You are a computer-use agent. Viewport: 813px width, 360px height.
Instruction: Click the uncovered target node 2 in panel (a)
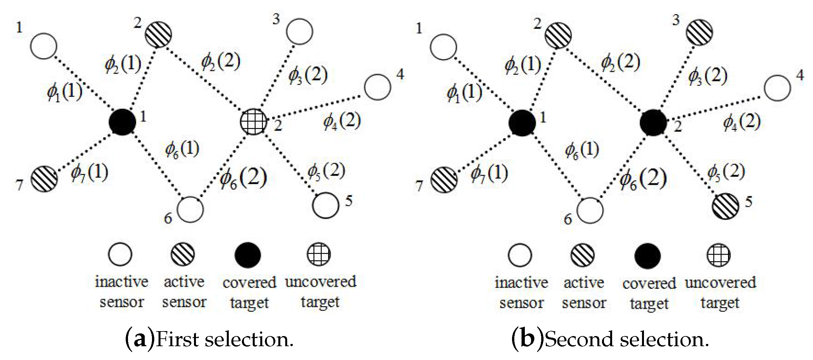pyautogui.click(x=253, y=121)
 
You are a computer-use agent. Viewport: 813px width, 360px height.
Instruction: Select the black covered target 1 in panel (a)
pyautogui.click(x=122, y=122)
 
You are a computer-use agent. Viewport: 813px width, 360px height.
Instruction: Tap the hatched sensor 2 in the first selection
pyautogui.click(x=158, y=34)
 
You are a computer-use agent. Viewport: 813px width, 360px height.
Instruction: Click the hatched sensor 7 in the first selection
pyautogui.click(x=44, y=179)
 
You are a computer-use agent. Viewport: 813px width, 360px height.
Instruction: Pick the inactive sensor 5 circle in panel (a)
pyautogui.click(x=325, y=205)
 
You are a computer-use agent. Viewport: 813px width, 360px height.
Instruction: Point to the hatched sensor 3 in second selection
pyautogui.click(x=699, y=32)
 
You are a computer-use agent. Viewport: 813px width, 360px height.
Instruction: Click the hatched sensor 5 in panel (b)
pyautogui.click(x=725, y=206)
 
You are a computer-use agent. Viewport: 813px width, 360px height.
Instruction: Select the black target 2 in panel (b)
pyautogui.click(x=653, y=122)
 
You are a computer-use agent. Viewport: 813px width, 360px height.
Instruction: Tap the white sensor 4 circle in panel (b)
pyautogui.click(x=777, y=88)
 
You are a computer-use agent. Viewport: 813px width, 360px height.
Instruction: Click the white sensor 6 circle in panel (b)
pyautogui.click(x=590, y=210)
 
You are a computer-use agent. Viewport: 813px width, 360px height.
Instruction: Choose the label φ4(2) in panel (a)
pyautogui.click(x=342, y=122)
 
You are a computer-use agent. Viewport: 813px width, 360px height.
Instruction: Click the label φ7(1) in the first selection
pyautogui.click(x=89, y=173)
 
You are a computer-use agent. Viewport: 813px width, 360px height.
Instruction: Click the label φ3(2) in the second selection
pyautogui.click(x=708, y=76)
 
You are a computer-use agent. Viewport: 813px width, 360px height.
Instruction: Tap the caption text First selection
pyautogui.click(x=225, y=340)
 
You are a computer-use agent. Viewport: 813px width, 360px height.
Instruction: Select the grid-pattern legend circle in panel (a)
pyautogui.click(x=318, y=254)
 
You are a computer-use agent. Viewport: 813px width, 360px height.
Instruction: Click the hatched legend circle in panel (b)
pyautogui.click(x=582, y=255)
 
